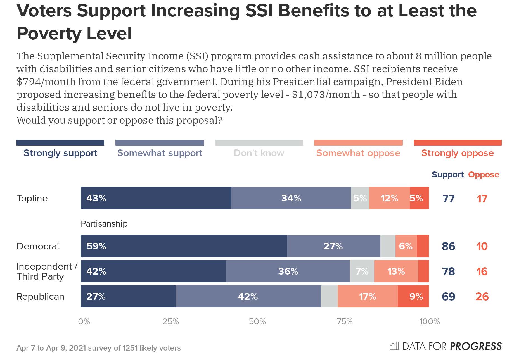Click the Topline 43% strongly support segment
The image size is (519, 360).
coord(156,198)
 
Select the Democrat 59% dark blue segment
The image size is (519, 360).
coord(184,246)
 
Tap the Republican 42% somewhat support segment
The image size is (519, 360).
coord(248,296)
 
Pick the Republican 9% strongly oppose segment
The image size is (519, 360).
coord(413,296)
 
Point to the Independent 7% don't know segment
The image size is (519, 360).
coord(362,271)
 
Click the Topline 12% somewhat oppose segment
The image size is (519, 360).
coord(389,198)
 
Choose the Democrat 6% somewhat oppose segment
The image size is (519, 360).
coord(406,246)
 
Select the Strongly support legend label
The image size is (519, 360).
coord(60,153)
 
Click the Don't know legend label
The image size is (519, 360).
coord(259,153)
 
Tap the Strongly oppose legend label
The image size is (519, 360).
coord(458,153)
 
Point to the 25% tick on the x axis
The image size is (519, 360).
coord(170,321)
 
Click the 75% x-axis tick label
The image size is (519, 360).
coord(345,321)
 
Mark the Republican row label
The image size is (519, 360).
coord(41,296)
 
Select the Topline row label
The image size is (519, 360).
coord(32,198)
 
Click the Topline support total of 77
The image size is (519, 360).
coord(449,199)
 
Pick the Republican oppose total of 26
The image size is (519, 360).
coord(482,297)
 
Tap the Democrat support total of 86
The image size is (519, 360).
coord(449,246)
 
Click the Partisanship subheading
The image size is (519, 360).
coord(104,224)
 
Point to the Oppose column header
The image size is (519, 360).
coord(484,175)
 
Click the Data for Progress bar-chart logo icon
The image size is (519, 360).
coord(394,346)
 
